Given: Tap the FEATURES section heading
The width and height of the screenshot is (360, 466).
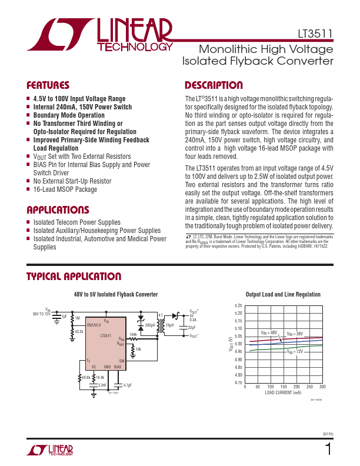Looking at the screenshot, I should coord(48,85).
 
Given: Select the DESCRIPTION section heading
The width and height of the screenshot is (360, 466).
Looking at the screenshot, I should coord(214,85).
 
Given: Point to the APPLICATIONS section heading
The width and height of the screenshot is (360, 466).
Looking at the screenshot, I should coord(58,210).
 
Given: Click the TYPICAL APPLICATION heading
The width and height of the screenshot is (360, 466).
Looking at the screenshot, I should coord(74,277).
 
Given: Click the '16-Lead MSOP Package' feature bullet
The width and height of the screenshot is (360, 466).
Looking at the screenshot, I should coord(65,189).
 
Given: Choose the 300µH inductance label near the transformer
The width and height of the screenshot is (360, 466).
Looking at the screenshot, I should coord(150,325).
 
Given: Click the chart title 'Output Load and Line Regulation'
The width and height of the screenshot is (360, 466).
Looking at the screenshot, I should coord(283,295).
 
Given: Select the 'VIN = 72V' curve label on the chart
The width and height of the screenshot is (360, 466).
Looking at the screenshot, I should coord(296,352).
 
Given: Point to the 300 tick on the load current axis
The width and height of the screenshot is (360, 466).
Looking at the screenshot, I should coord(322,387).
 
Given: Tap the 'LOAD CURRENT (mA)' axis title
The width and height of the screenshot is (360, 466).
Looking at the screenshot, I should coord(283,392).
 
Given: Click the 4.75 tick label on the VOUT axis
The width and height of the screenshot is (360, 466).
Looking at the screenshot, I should coord(238,383).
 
